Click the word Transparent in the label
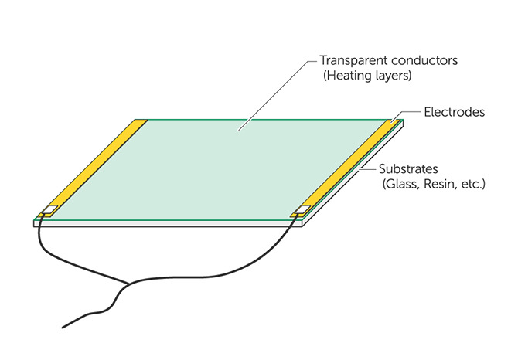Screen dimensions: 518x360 coord(353,60)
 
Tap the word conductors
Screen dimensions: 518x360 coord(424,60)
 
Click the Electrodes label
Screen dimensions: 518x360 coord(455,112)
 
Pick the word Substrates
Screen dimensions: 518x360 coord(408,169)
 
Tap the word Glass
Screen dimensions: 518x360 coord(400,184)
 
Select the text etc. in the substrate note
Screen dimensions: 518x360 coord(472,184)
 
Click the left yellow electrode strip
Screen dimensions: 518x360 coord(94,168)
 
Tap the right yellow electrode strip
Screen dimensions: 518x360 coord(348,168)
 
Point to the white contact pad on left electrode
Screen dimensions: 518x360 coord(50,209)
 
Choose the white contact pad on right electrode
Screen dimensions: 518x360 coord(302,209)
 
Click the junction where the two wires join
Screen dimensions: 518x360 coord(128,284)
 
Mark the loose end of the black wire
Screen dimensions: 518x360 coord(63,328)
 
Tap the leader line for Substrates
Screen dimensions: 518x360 coord(369,169)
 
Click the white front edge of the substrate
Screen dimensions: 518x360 coord(168,224)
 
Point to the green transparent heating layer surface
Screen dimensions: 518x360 coord(218,168)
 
